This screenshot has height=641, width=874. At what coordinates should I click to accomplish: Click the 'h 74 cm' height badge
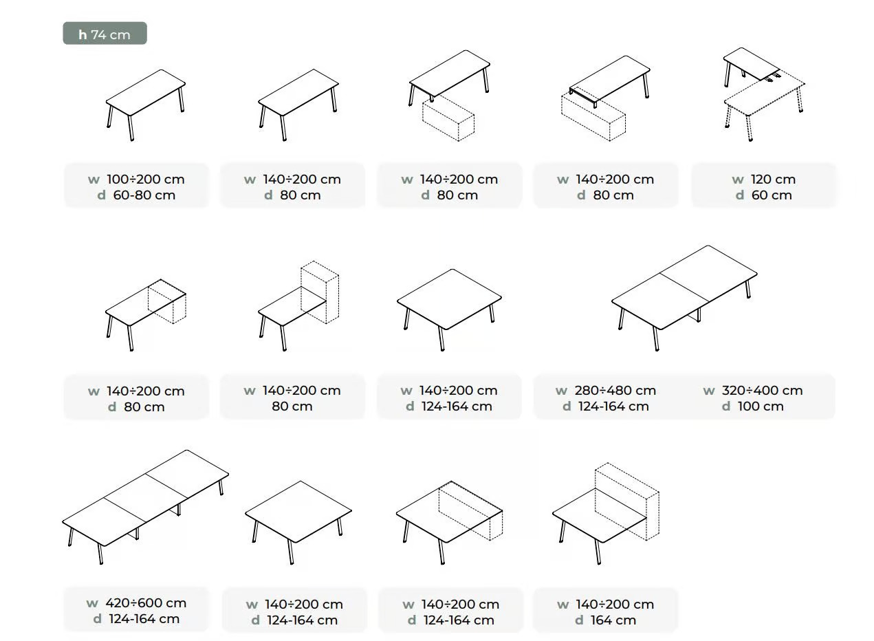pos(105,33)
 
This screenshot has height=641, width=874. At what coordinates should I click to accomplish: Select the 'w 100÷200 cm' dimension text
pos(136,179)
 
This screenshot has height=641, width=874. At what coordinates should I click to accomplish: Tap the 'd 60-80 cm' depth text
pos(136,195)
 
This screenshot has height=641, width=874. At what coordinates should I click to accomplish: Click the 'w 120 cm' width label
pos(763,179)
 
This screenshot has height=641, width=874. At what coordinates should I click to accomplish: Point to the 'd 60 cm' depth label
pos(763,195)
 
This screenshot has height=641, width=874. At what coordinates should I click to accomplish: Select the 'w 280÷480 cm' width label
pos(606,390)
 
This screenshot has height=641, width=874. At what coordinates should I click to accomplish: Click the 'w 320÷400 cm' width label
pos(753,390)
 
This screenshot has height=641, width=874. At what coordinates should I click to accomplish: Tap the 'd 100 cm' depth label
pos(753,406)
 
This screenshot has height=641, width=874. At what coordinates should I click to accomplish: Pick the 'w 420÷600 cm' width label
pos(136,602)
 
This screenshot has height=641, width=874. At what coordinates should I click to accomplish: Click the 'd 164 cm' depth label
pos(606,620)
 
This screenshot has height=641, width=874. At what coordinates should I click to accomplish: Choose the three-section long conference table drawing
pos(145,506)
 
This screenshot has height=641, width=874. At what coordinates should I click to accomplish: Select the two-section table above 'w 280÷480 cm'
pos(684,298)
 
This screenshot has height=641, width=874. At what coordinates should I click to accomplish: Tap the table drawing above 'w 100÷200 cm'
pos(146,105)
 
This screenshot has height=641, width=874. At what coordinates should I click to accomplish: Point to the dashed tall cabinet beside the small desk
pos(320,292)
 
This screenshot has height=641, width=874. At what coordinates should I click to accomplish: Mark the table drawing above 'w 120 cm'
pos(764,94)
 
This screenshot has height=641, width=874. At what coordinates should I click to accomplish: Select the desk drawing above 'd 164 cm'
pos(606,514)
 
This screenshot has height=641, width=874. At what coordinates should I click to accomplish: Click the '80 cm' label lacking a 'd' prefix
pos(292,406)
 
